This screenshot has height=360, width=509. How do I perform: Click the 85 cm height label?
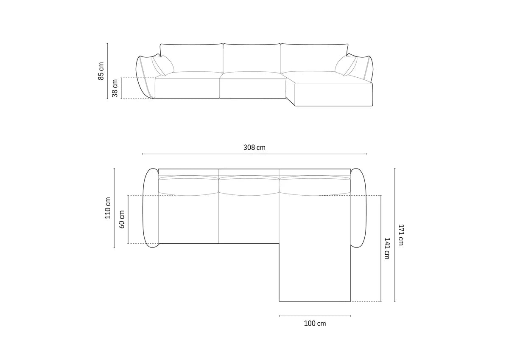(101, 71)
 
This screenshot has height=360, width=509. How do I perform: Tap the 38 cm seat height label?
(115, 88)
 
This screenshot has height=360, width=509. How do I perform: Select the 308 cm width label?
(254, 147)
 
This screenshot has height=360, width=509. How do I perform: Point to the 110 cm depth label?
(108, 208)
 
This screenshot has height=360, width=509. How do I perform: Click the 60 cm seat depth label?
(122, 219)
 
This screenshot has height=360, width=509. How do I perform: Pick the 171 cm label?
(400, 235)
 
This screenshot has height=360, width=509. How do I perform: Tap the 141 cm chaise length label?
(386, 248)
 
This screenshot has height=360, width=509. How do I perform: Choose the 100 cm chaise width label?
(315, 323)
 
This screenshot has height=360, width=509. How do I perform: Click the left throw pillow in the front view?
(163, 65)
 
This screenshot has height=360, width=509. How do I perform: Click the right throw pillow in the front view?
(346, 65)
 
